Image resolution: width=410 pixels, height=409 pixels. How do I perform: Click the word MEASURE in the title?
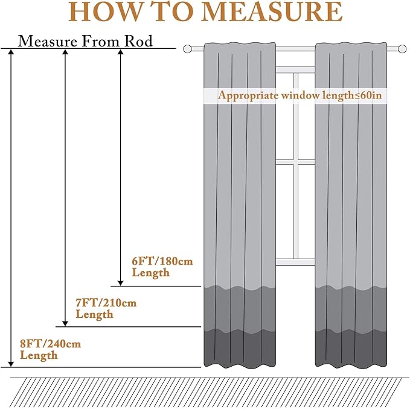(x=272, y=11)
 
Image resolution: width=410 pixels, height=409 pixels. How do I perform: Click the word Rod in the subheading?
(x=138, y=41)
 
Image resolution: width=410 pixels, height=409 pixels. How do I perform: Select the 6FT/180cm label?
(x=162, y=261)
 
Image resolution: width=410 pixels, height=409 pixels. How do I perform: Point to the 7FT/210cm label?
(x=106, y=303)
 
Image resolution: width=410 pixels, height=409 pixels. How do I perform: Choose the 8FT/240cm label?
(x=51, y=344)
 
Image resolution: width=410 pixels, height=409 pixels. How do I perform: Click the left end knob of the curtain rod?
(x=187, y=49)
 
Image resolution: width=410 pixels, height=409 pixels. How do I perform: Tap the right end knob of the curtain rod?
(x=402, y=49)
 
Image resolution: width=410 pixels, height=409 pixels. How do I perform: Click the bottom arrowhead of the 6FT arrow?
(x=120, y=283)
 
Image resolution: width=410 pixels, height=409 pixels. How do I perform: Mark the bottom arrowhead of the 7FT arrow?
(x=65, y=324)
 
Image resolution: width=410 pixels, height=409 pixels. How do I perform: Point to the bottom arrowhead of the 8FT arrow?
(x=11, y=364)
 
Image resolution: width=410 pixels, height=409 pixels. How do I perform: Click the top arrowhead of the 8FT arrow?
(x=11, y=52)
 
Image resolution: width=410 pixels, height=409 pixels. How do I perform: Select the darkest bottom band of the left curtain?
(x=240, y=348)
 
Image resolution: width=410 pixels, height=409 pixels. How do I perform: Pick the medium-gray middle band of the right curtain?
(x=351, y=309)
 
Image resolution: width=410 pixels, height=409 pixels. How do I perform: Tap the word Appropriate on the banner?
(x=248, y=96)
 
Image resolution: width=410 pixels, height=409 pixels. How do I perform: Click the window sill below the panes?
(x=295, y=262)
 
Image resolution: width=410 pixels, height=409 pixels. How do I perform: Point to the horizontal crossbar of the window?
(x=295, y=163)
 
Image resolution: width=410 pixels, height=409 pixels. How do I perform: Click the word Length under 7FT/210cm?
(x=94, y=315)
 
